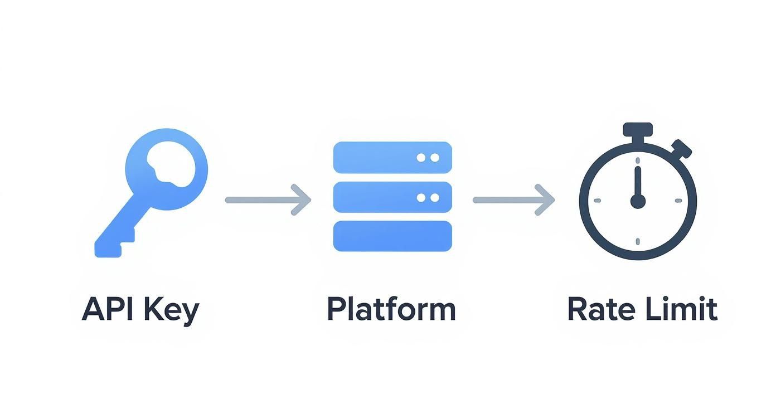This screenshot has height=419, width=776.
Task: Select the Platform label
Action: point(391,309)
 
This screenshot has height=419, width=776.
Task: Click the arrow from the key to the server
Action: point(268,199)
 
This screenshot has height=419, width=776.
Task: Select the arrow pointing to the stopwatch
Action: point(513,199)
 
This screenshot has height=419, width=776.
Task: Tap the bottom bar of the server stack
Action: point(392,236)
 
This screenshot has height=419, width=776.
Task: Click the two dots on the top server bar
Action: point(428,158)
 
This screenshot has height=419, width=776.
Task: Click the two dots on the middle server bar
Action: point(428,197)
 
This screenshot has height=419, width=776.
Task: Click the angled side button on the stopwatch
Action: point(681,149)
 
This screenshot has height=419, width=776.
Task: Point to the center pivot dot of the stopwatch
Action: point(638,201)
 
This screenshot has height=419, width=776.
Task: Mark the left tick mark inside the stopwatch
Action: point(598,201)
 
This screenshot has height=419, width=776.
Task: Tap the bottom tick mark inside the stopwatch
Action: point(638,241)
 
